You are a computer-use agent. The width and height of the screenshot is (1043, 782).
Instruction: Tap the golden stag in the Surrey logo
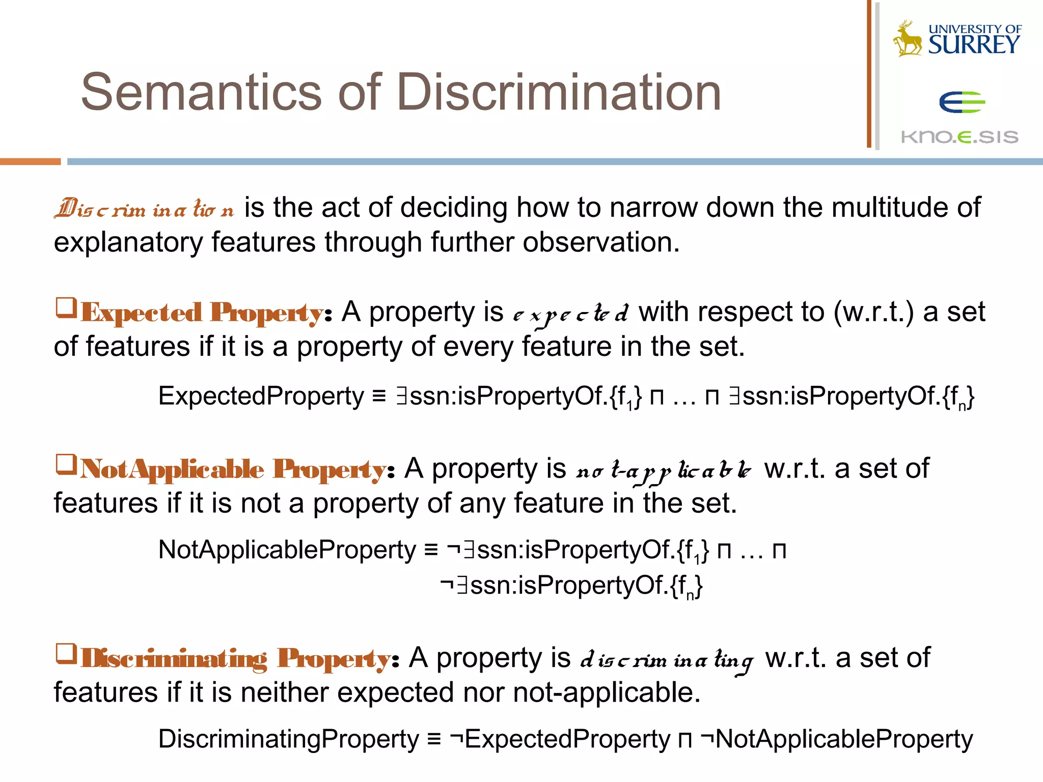point(908,39)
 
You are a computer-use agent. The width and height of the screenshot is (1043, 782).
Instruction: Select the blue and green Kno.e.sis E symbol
point(962,102)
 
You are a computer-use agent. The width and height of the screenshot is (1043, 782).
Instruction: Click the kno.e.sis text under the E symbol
point(959,137)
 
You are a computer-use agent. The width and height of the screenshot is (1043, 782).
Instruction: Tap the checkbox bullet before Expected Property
point(66,308)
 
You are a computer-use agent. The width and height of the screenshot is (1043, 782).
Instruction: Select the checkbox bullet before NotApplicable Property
point(66,464)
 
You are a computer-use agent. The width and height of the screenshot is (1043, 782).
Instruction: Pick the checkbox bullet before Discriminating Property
point(66,654)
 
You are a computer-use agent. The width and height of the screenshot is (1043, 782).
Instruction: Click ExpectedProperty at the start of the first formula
point(261,396)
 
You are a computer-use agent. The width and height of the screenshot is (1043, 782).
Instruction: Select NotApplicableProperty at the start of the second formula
point(287,550)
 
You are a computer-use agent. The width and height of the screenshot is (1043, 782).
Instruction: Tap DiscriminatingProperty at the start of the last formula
point(288,739)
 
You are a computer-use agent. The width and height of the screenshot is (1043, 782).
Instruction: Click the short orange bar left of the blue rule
point(30,161)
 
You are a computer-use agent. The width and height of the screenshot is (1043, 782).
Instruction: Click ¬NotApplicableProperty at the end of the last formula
point(836,739)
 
